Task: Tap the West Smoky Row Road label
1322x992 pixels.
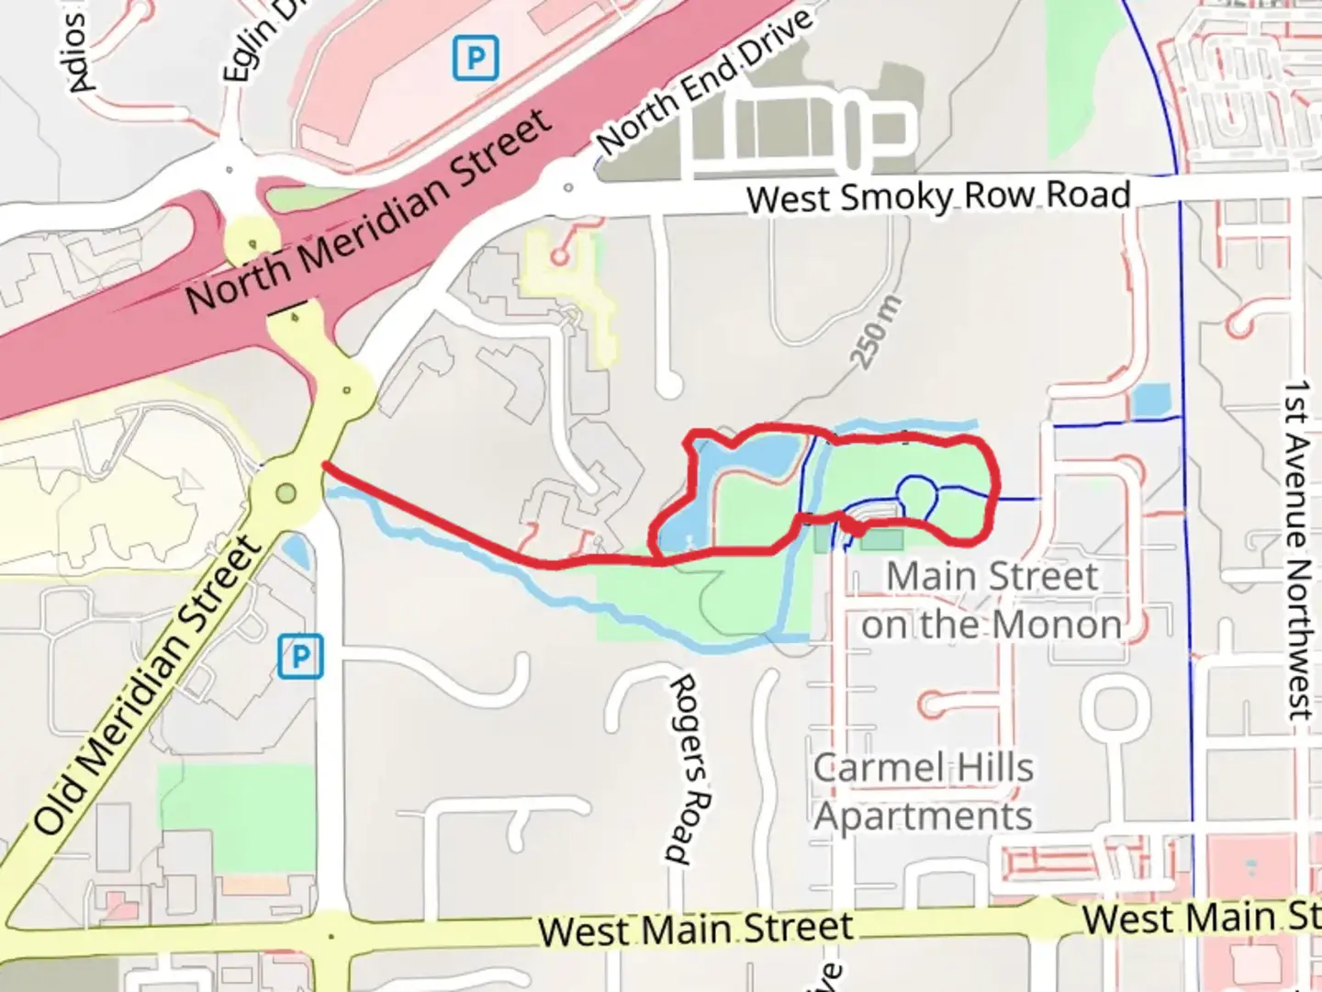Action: (x=938, y=197)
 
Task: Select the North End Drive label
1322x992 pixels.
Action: (x=705, y=83)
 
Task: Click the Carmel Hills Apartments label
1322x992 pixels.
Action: (x=924, y=792)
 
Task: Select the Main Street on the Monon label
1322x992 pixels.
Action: (x=991, y=601)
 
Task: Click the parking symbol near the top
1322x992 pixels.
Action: (x=476, y=58)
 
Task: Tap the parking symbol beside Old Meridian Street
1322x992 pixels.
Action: (x=300, y=658)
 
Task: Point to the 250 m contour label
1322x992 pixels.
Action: (x=878, y=333)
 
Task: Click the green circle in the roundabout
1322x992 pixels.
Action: (x=286, y=494)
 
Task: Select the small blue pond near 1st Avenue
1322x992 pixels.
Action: (x=1151, y=401)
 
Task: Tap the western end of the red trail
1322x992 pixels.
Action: (x=325, y=467)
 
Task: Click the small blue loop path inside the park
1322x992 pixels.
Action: (x=917, y=496)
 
